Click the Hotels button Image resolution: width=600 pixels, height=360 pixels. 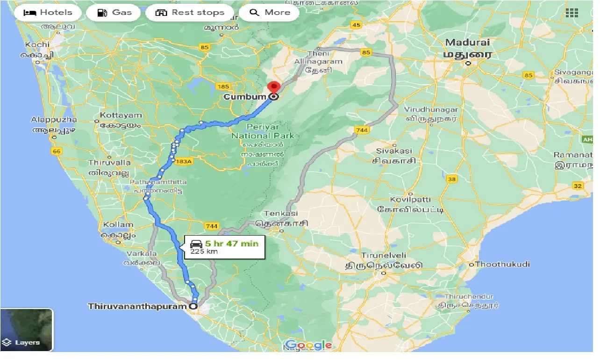[48, 13]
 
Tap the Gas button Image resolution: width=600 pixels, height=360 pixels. [114, 13]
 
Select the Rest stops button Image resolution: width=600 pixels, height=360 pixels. [190, 13]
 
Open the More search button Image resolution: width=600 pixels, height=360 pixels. [270, 13]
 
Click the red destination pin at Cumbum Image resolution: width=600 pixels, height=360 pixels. [273, 88]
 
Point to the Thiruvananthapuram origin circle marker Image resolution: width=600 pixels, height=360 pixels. [193, 307]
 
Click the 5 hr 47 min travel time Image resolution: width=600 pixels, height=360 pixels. [231, 244]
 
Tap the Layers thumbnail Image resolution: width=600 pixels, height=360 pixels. [27, 330]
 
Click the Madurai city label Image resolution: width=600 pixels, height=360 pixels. [467, 43]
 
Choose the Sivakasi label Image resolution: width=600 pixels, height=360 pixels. [394, 151]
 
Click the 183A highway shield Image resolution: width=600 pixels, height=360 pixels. [184, 161]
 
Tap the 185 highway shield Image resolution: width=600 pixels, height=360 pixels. [223, 86]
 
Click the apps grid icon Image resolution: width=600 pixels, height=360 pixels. [571, 13]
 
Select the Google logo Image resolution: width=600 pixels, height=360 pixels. [308, 345]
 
